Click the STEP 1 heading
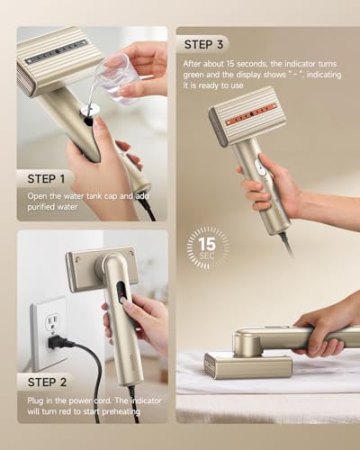click(x=46, y=179)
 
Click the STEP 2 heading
click(x=47, y=382)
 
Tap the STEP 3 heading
click(x=203, y=45)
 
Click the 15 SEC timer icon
click(x=208, y=247)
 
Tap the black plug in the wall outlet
click(x=56, y=342)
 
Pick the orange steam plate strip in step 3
click(x=251, y=115)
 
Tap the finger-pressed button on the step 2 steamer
click(x=122, y=301)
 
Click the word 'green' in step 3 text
click(x=193, y=75)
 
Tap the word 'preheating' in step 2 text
click(x=121, y=411)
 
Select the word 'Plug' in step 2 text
click(x=34, y=401)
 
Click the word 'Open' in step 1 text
click(x=36, y=196)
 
